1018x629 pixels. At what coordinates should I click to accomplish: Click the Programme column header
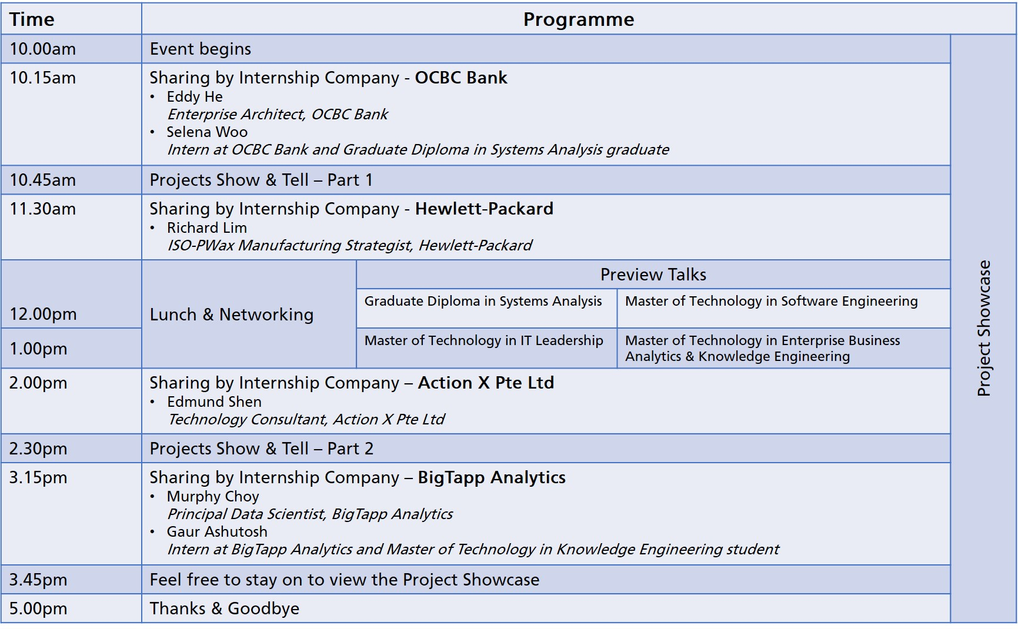(x=579, y=19)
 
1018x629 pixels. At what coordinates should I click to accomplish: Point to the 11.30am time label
(x=43, y=209)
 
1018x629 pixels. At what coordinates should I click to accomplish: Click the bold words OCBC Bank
(x=461, y=78)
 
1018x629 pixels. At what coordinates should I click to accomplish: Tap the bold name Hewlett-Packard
(x=484, y=209)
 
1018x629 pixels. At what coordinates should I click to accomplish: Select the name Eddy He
(x=195, y=96)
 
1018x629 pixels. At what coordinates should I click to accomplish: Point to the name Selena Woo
(x=207, y=132)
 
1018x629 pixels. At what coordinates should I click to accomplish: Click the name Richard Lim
(x=207, y=227)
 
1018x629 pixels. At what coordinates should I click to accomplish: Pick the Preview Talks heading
(x=653, y=275)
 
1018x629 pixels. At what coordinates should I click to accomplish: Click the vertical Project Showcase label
(x=984, y=328)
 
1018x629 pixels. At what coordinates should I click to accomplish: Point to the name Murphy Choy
(x=213, y=497)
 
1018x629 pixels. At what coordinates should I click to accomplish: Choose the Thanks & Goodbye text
(x=225, y=608)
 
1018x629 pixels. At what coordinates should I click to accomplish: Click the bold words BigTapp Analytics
(x=492, y=477)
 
